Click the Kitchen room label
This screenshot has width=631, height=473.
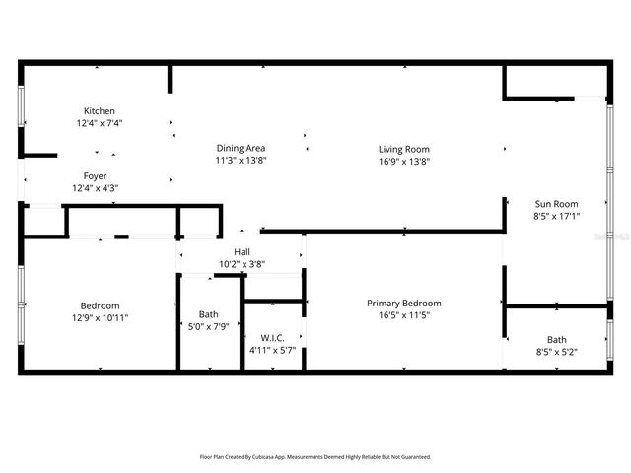(99, 111)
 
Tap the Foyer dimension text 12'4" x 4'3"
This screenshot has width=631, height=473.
(95, 188)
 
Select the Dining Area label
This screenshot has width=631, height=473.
(242, 148)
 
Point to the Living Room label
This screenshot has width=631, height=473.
(404, 149)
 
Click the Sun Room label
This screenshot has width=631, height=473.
(557, 203)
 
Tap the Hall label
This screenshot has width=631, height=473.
(242, 252)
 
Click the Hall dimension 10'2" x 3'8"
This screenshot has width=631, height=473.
(242, 264)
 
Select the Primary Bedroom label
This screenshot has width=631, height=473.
(404, 303)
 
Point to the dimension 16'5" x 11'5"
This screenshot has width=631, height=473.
(404, 315)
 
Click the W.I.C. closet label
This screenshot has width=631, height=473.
(272, 337)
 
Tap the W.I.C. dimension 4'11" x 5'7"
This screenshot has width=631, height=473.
(272, 349)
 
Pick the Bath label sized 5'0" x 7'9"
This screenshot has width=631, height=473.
(209, 314)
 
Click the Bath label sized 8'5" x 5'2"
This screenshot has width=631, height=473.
(557, 339)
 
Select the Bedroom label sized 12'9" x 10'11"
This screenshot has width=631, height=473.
(101, 305)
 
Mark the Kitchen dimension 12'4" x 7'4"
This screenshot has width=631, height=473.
(99, 123)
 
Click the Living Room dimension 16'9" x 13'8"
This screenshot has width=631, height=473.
(404, 161)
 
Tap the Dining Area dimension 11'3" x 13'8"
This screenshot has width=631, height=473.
(242, 160)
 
